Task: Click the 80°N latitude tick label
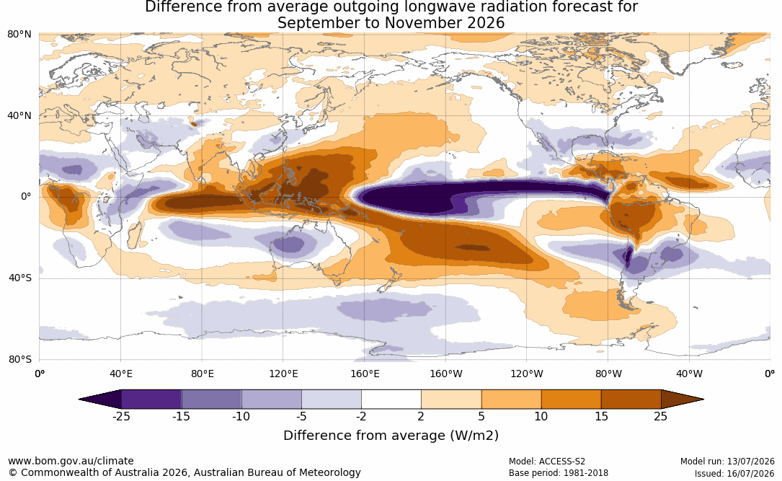click(x=19, y=34)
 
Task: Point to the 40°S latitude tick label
click(x=19, y=278)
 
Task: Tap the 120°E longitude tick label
click(x=283, y=374)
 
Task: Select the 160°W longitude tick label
click(x=446, y=374)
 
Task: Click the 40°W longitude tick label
click(x=689, y=374)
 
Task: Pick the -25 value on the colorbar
click(x=120, y=416)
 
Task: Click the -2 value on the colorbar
click(x=360, y=416)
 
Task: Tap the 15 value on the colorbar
click(x=602, y=416)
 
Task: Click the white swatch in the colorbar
click(x=391, y=400)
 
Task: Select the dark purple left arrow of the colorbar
click(x=102, y=400)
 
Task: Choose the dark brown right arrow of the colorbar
click(x=681, y=400)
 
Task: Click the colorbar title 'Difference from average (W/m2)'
click(x=391, y=435)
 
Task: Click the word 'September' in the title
click(x=314, y=23)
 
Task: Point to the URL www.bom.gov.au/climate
click(x=71, y=461)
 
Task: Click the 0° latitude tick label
click(x=26, y=197)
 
